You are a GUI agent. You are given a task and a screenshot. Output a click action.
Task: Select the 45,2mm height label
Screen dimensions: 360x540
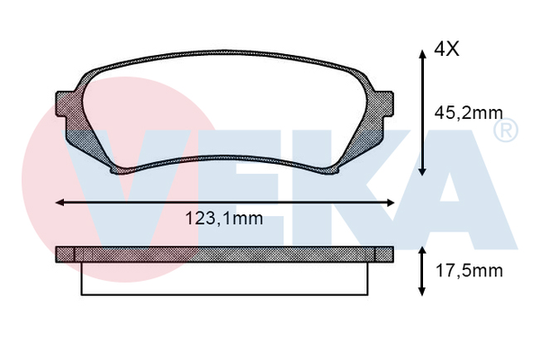467,113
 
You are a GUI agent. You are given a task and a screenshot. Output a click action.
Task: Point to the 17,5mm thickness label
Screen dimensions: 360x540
467,270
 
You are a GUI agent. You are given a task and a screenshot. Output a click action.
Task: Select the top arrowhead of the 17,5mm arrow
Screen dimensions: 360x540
422,248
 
